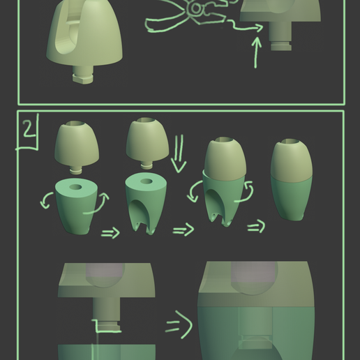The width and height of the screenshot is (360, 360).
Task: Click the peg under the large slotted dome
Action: point(82,73)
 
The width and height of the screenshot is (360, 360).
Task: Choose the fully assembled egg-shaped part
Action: point(292,179)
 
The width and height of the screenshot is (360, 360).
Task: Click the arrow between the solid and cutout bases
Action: point(110,233)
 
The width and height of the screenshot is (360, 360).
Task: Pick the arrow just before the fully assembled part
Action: point(256,227)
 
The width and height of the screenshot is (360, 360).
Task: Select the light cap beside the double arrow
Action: point(146,140)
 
